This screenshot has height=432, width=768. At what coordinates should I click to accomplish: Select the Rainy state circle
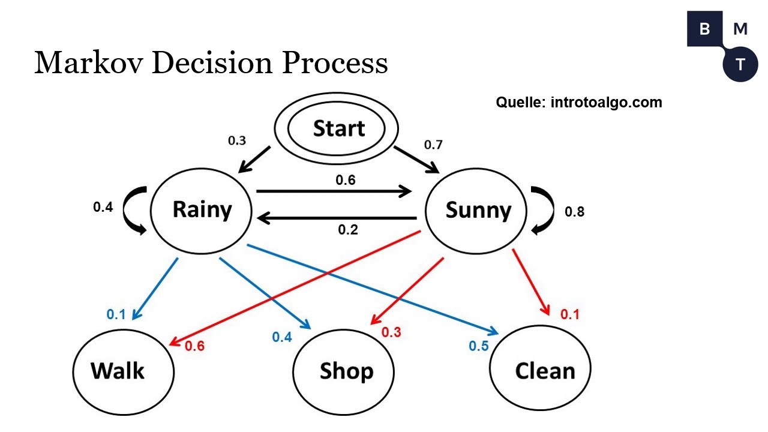pos(202,210)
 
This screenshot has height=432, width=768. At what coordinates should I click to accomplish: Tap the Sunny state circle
pos(478,210)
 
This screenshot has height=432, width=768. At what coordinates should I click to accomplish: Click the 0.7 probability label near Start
pos(433,145)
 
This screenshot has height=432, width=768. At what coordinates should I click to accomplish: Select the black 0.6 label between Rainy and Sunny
pos(346,179)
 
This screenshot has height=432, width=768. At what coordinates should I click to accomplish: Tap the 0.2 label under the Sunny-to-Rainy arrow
pos(348,230)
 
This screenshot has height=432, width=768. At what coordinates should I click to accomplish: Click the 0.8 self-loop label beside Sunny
pos(574,212)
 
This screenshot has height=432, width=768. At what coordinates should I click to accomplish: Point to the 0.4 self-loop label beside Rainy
pos(103,207)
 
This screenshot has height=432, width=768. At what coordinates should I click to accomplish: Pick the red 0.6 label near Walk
pos(194,346)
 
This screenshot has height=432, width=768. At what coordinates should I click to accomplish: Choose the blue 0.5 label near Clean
pos(479,346)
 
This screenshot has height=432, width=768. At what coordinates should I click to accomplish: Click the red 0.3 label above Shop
pos(391,332)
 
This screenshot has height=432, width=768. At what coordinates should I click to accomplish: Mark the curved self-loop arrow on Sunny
pos(542,210)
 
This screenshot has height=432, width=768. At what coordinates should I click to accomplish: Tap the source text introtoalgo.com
pos(606,102)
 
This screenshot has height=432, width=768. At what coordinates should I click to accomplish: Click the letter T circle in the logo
pos(740,64)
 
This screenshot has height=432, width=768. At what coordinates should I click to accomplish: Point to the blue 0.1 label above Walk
pos(116,314)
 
